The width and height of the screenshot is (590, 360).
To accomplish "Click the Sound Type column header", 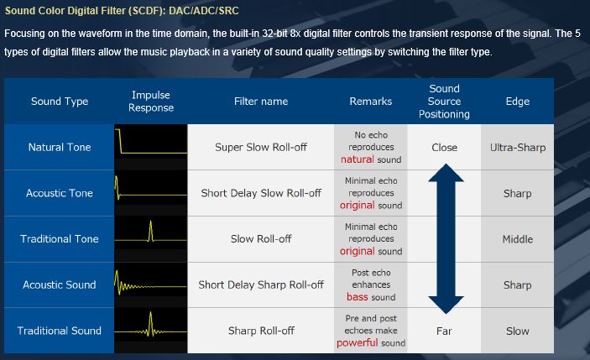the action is (x=60, y=102).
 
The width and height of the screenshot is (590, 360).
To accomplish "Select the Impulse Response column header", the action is (x=151, y=102).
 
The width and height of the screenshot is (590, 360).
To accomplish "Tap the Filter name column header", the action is (x=261, y=102).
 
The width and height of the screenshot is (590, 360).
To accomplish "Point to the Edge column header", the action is (x=517, y=102).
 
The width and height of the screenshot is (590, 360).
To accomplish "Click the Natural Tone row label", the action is (x=60, y=147).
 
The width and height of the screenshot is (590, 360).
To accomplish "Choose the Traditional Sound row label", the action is (x=59, y=331).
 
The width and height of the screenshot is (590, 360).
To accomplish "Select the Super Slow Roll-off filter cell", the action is (x=261, y=147).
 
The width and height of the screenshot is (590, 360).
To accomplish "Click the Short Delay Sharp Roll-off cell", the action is (x=261, y=284).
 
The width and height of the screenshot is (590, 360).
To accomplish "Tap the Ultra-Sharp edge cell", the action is (x=517, y=148).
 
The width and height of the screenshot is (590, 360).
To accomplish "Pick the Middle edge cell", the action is (x=517, y=239).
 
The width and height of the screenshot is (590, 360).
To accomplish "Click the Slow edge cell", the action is (x=517, y=331).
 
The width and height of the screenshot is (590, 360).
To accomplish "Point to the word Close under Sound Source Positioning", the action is (x=444, y=148).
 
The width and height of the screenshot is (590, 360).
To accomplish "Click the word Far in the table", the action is (x=444, y=331).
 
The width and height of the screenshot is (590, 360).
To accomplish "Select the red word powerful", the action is (x=357, y=343).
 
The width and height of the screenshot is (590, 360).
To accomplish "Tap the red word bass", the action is (x=357, y=297).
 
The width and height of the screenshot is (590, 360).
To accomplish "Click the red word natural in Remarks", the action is (x=357, y=159).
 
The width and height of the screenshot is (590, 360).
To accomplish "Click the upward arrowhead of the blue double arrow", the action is (x=446, y=174).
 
